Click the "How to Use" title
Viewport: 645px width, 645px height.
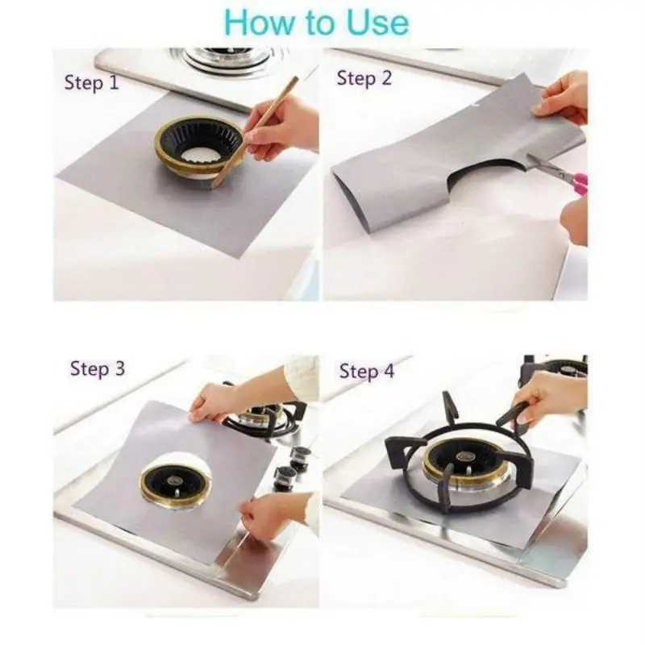[316, 23]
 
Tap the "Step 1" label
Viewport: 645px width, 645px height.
[91, 82]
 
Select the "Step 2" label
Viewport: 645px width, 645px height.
[364, 78]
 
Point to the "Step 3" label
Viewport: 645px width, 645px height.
[98, 369]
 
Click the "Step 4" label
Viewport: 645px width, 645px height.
[367, 372]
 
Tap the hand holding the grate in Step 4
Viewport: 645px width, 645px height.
[548, 399]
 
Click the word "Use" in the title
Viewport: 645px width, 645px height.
[376, 23]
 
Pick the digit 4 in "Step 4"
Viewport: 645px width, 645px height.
[389, 372]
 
